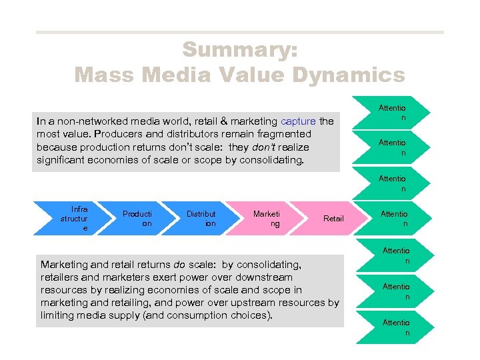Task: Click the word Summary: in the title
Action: [240, 49]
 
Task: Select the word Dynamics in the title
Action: [341, 74]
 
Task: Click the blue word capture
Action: [298, 121]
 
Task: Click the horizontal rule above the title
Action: [239, 32]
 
